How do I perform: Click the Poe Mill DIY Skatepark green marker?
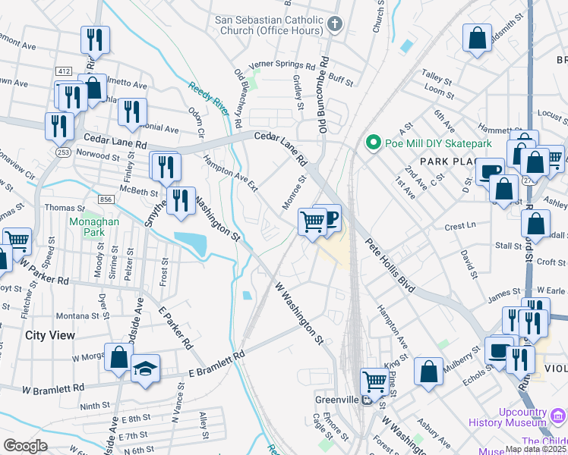tap(373, 142)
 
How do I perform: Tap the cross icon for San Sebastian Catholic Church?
tap(335, 24)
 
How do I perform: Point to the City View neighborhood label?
tap(50, 334)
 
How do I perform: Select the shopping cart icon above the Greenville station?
tap(374, 381)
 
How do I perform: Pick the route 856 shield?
tap(106, 199)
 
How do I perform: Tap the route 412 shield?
tap(64, 71)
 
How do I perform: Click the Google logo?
tap(26, 446)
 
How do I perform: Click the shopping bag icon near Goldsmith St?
tap(477, 39)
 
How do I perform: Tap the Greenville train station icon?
tap(366, 400)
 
